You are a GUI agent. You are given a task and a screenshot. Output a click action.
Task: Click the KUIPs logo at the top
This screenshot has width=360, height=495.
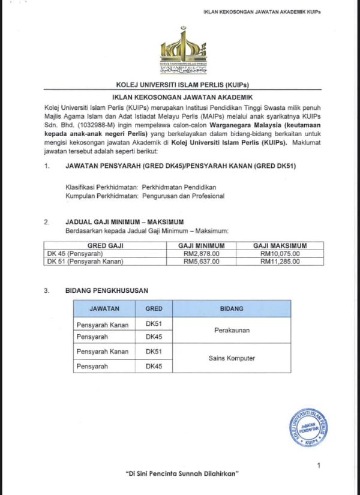[183, 50]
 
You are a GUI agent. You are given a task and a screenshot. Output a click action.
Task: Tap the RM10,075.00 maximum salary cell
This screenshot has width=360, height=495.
[280, 254]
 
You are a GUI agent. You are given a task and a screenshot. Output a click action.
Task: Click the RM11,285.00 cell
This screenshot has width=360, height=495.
[280, 262]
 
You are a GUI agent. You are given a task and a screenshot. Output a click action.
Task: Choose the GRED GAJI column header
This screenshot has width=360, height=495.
[105, 246]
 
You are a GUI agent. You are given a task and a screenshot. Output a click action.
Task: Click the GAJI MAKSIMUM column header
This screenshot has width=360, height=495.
[280, 246]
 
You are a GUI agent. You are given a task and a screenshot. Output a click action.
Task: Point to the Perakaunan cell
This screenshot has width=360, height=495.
[232, 330]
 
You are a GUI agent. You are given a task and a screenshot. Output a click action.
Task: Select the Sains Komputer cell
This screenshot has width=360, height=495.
[232, 358]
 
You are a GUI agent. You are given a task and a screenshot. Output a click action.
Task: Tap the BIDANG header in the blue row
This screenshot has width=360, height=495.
[232, 308]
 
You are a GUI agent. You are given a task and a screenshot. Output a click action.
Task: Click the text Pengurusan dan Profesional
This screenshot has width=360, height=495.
[183, 196]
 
